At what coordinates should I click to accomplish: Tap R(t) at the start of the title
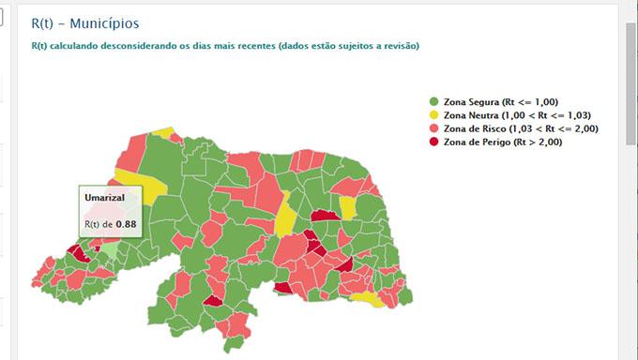[x=43, y=22]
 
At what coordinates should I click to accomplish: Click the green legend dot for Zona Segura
[x=433, y=101]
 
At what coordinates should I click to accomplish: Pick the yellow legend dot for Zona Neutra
[x=433, y=114]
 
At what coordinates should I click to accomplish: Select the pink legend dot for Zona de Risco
[x=433, y=128]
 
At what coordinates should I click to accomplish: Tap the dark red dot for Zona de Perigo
[x=433, y=142]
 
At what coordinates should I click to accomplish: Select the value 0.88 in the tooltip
[x=126, y=224]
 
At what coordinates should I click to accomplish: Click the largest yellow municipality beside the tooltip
[x=145, y=183]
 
